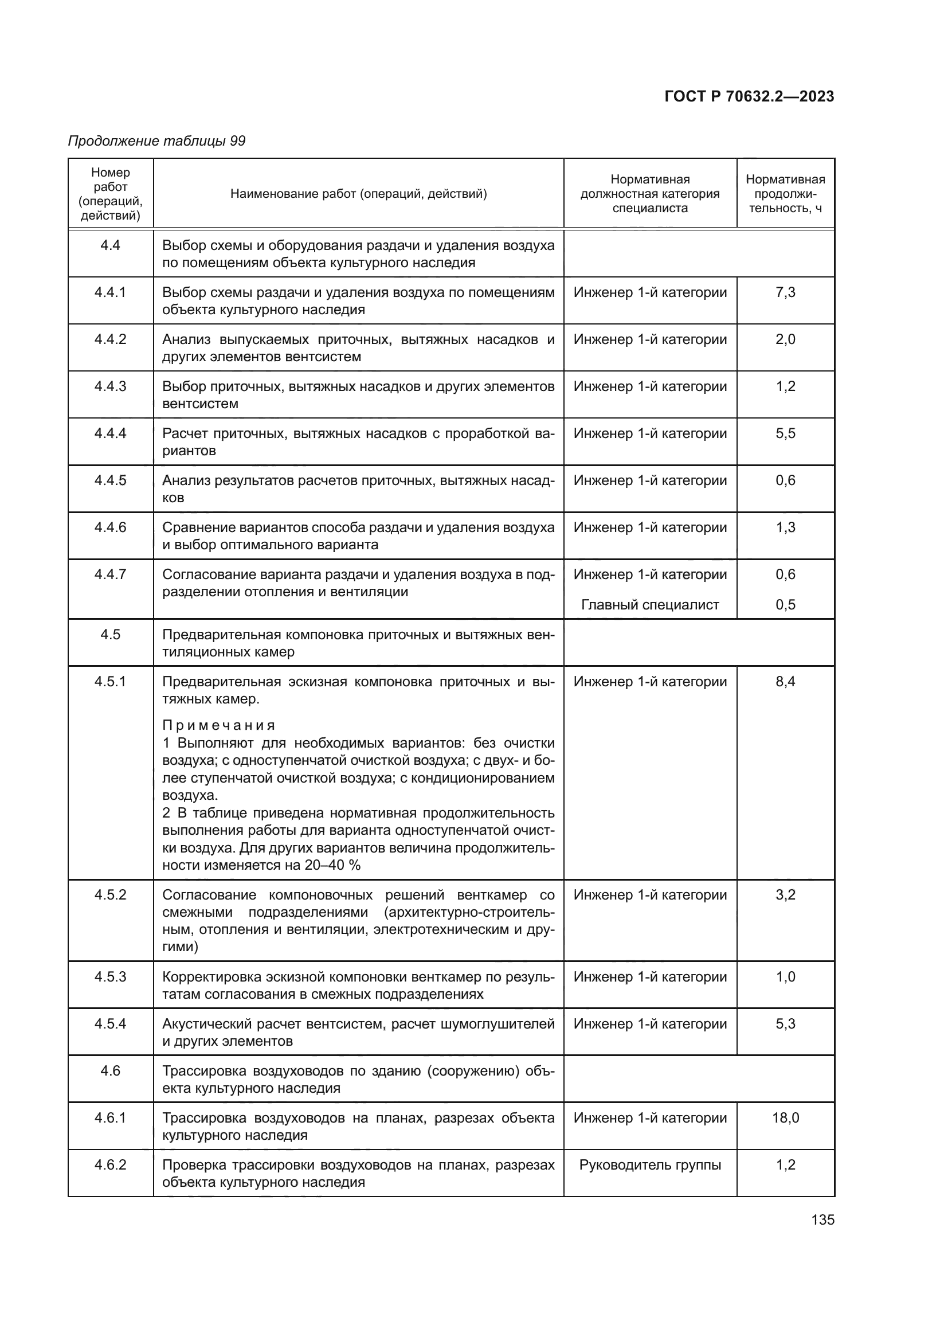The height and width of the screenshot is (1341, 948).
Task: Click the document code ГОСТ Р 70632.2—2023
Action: (x=749, y=96)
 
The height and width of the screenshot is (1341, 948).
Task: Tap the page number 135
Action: (x=822, y=1219)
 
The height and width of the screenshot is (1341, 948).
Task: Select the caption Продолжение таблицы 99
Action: (x=156, y=141)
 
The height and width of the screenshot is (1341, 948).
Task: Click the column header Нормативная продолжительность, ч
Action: (x=785, y=193)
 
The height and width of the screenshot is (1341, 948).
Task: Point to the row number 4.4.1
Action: (x=110, y=292)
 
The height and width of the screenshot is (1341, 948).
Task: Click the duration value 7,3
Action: (x=785, y=292)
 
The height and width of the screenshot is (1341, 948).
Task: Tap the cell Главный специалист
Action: (x=650, y=604)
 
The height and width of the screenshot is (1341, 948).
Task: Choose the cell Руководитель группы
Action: (x=650, y=1164)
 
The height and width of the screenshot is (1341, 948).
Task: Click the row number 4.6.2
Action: (x=110, y=1164)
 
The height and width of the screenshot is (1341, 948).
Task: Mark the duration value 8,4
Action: (x=785, y=682)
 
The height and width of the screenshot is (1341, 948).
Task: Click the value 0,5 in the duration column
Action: (x=785, y=604)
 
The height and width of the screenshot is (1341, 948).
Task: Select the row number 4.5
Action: (x=110, y=634)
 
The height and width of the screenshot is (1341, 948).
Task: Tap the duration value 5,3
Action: (x=785, y=1023)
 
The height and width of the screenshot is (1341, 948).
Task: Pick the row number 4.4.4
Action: (x=110, y=433)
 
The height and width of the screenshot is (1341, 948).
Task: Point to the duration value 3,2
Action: (x=785, y=895)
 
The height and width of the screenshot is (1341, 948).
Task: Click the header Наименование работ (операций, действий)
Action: (x=358, y=193)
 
